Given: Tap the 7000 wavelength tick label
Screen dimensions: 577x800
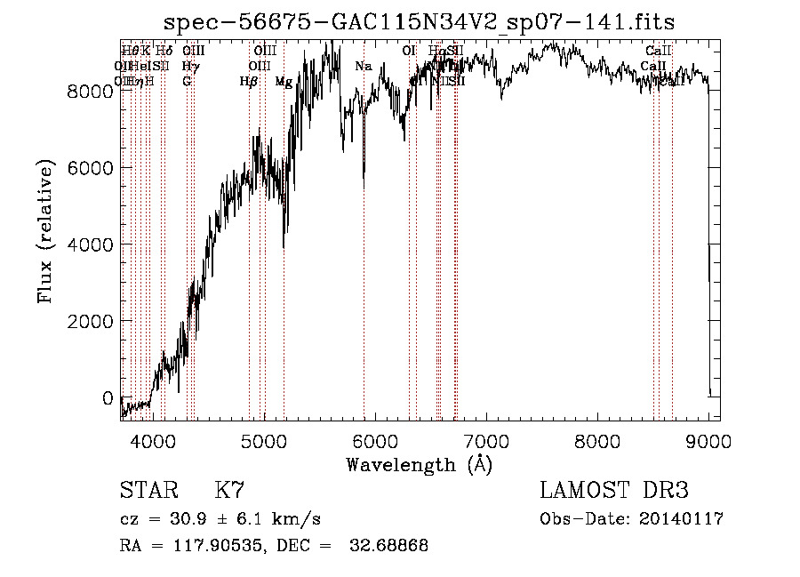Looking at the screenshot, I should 486,439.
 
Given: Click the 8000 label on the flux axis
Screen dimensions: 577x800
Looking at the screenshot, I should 92,91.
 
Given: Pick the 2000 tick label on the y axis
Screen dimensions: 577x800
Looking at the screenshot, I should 92,320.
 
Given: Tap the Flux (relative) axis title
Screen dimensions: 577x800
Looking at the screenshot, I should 45,231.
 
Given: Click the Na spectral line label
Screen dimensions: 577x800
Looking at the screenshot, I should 363,66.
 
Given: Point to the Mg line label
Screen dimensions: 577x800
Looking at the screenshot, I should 283,82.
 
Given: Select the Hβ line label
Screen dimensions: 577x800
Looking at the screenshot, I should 249,82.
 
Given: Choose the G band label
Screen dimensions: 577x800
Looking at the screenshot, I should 187,81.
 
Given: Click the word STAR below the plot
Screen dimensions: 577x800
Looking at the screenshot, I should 148,491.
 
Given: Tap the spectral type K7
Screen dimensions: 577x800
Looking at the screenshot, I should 229,491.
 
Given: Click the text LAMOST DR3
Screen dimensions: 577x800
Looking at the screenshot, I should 613,491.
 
